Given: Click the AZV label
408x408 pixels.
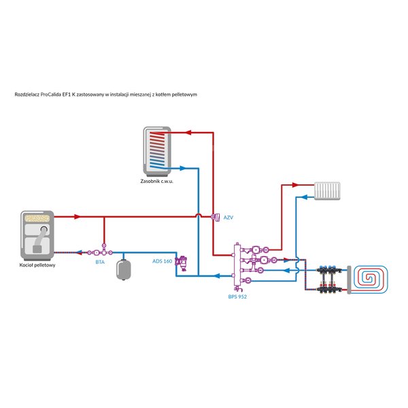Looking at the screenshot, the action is (x=228, y=218).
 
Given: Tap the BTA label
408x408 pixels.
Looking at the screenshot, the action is (x=100, y=262).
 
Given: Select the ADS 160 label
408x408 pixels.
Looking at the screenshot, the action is (x=162, y=261).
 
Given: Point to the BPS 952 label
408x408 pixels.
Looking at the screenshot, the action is (x=237, y=296).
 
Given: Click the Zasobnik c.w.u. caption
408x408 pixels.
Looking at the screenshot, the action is (x=156, y=181).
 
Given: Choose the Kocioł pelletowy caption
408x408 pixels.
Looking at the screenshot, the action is (x=37, y=265).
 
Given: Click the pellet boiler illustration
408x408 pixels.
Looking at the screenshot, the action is (x=37, y=235).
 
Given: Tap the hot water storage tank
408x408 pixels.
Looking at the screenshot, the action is (x=157, y=151).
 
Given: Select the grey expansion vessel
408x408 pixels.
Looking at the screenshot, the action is (x=123, y=269).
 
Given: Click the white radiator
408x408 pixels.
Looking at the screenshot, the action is (x=327, y=190).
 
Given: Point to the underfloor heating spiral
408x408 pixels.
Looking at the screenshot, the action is (x=370, y=279).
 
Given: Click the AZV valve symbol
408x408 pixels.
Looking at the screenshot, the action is (x=216, y=218).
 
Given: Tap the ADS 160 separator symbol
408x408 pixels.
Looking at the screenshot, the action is (x=182, y=263).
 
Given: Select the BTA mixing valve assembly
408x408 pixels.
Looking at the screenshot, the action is (x=100, y=252).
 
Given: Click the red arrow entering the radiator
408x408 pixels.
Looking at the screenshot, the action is (x=295, y=185).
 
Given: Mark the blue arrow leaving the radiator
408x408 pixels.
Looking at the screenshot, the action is (x=303, y=197).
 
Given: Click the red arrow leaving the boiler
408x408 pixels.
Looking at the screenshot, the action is (x=77, y=216).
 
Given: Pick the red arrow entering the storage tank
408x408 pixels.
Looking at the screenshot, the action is (x=188, y=133).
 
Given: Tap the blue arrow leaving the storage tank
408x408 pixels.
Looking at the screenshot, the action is (x=183, y=168).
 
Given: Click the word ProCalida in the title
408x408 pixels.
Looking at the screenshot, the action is (x=50, y=95).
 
